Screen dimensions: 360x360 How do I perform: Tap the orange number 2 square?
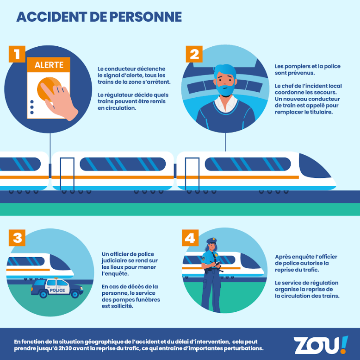pos(194,54)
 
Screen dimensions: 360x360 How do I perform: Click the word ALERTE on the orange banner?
pos(49,65)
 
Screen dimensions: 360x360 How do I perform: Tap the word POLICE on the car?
pos(57,290)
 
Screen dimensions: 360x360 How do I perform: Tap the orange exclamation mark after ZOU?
pos(343,344)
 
